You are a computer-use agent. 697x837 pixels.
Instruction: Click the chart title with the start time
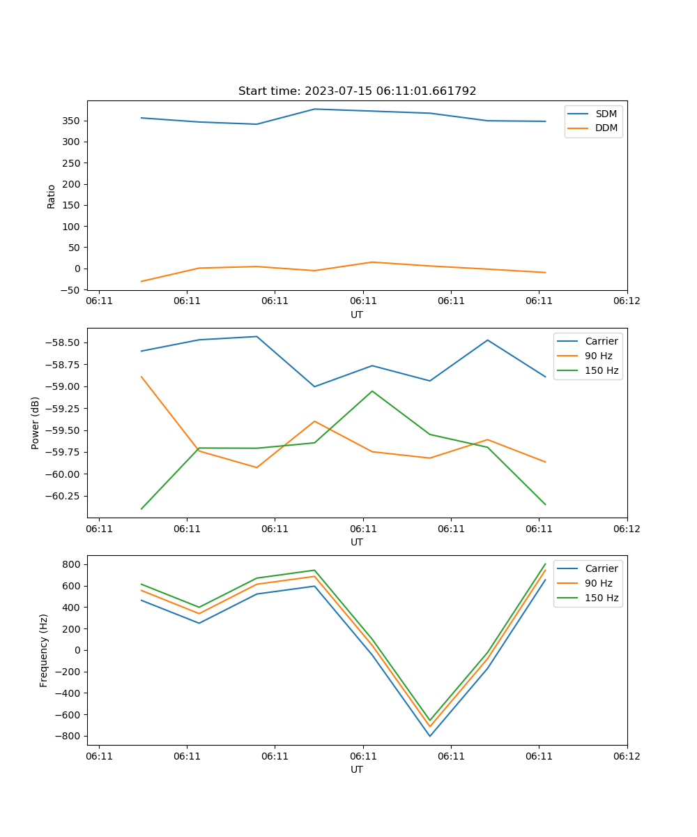click(357, 91)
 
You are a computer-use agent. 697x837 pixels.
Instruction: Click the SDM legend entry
click(606, 114)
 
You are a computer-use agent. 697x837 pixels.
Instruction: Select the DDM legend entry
click(606, 128)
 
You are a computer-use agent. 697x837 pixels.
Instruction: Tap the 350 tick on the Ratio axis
click(73, 121)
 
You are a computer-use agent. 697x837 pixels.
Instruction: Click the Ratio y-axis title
click(51, 196)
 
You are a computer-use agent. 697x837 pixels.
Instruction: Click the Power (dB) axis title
click(36, 423)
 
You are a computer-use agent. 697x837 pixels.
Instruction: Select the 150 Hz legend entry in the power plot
click(602, 370)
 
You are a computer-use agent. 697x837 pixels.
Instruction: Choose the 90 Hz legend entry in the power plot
click(598, 356)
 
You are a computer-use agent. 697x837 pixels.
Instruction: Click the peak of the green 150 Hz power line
click(372, 391)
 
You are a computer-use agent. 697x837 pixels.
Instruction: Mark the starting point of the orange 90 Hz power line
click(141, 377)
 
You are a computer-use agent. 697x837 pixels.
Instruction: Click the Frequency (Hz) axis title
click(44, 650)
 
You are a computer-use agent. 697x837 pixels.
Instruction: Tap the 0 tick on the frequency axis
click(79, 650)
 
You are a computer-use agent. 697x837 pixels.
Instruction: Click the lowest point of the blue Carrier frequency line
click(429, 736)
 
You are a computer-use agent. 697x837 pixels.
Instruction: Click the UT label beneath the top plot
click(357, 315)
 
